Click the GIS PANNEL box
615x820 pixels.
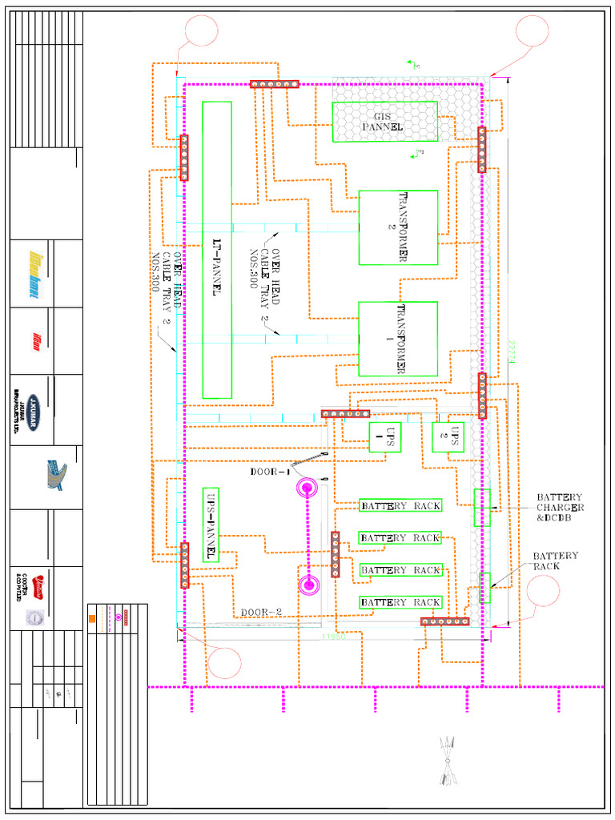coord(384,122)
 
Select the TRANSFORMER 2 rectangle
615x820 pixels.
coord(398,227)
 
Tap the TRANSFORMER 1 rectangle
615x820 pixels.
coord(398,339)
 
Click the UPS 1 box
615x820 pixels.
coord(384,437)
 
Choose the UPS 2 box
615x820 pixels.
coord(448,436)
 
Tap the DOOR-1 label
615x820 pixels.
coord(269,472)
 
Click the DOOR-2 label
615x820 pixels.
coord(261,613)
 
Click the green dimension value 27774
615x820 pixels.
coord(511,352)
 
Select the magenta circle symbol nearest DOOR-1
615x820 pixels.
coord(307,488)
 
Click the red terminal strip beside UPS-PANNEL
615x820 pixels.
coord(184,565)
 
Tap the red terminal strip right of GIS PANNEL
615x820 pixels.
coord(481,150)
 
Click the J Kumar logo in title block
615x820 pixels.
coord(33,409)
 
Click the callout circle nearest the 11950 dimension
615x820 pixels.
coord(224,662)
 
